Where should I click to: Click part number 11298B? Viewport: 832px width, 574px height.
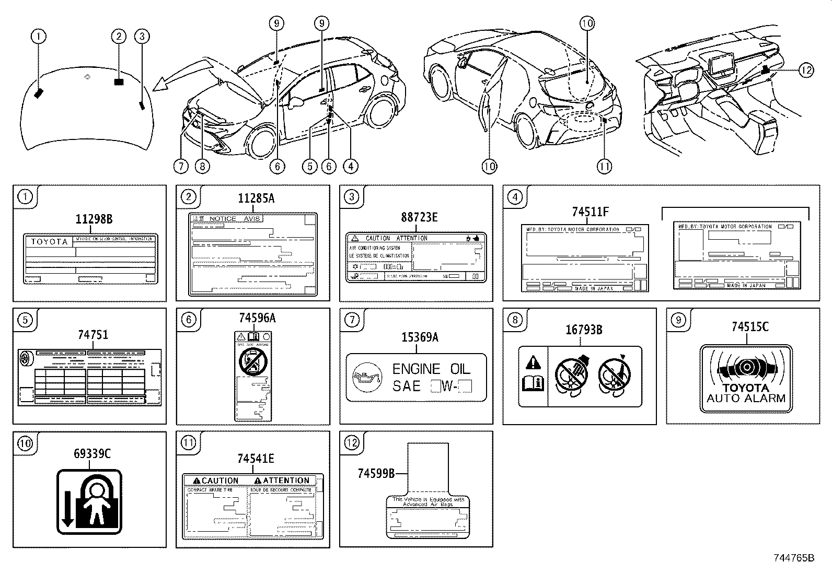click(94, 219)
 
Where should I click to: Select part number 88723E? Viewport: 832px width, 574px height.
click(419, 217)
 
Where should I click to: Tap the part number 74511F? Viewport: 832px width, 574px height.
click(590, 212)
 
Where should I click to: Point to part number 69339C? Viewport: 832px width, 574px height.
click(92, 454)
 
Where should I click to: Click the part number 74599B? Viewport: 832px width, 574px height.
click(376, 473)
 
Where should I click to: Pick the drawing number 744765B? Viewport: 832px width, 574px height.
click(794, 558)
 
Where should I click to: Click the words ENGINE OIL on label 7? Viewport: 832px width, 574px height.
click(431, 369)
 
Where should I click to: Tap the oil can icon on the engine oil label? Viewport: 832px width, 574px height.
click(364, 378)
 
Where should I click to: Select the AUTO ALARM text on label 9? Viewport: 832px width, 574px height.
click(746, 398)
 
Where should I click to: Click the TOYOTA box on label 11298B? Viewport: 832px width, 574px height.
click(50, 242)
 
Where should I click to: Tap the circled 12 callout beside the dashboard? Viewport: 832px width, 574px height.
click(806, 70)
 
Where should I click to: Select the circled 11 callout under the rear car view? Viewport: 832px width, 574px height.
click(604, 166)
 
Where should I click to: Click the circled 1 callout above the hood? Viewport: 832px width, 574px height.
click(38, 36)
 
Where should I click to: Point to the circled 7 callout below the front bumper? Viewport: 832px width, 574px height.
click(180, 166)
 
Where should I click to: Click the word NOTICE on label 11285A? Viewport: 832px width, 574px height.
click(223, 219)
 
